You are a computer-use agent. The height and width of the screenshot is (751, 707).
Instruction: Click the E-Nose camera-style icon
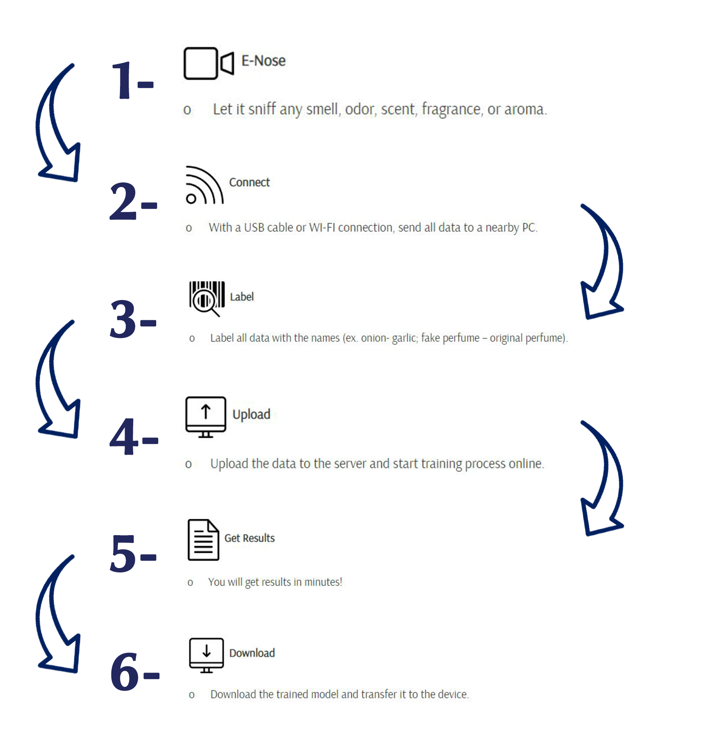point(209,63)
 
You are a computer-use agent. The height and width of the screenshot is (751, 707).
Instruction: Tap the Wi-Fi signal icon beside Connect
point(204,185)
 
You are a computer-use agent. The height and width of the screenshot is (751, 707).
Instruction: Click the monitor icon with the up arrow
point(206,417)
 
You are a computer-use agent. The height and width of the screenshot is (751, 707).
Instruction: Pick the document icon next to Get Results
point(203,540)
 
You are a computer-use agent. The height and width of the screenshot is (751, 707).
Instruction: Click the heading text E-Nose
point(263,61)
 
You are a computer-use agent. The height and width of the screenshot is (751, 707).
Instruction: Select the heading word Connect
point(250,183)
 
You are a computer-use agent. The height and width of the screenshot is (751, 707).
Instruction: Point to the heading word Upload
point(252,415)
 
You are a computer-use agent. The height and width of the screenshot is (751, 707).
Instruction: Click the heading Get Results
point(250,538)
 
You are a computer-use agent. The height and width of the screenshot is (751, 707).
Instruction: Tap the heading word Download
point(252,653)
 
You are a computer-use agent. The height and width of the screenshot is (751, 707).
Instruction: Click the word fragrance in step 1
point(451,110)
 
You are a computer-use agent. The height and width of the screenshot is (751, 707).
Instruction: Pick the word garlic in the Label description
point(404,338)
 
